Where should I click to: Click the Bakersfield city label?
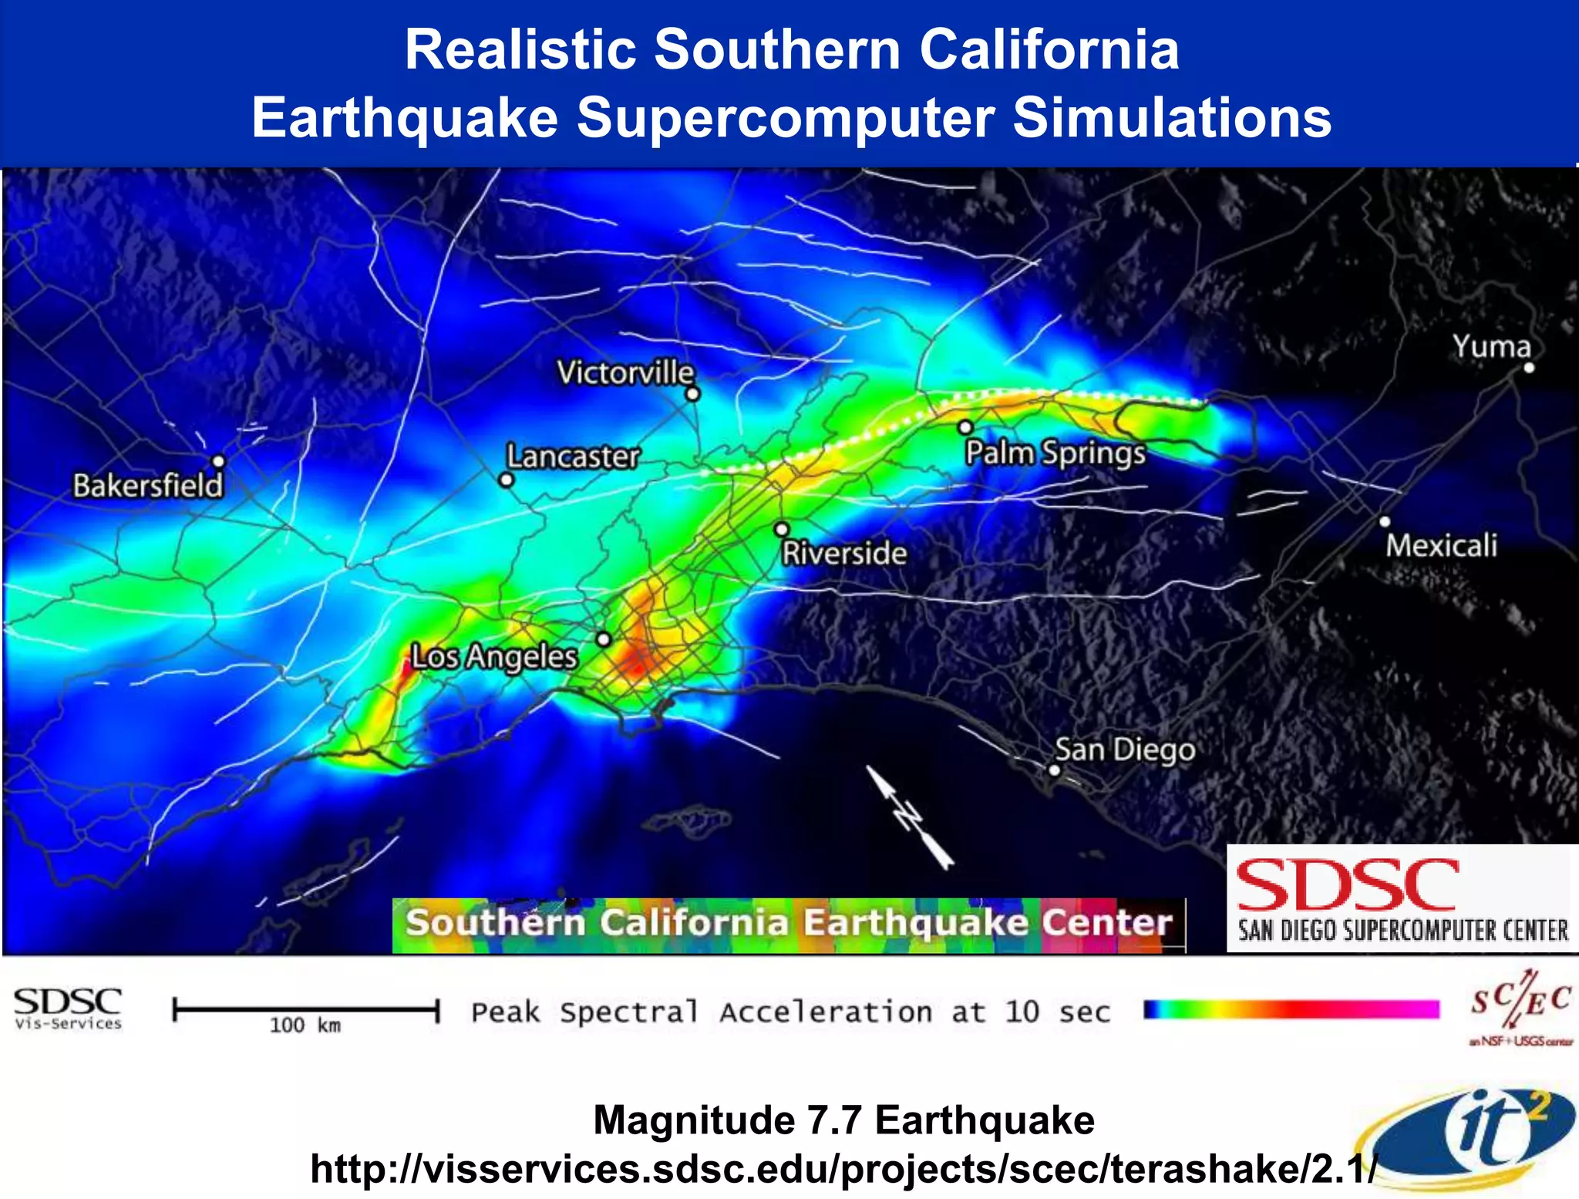click(147, 486)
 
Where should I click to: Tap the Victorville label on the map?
click(625, 372)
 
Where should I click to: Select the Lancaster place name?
click(573, 456)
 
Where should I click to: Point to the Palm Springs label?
click(1055, 453)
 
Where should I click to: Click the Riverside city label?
click(844, 553)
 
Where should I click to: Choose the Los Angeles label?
click(493, 657)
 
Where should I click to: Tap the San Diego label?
click(1125, 749)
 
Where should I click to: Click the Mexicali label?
click(1441, 546)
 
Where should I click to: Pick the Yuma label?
click(1492, 346)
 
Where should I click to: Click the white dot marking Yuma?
click(1529, 368)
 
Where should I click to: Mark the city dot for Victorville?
click(692, 394)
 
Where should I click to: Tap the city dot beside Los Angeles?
click(604, 639)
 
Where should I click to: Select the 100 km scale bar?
click(306, 1010)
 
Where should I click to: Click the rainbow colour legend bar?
click(1291, 1010)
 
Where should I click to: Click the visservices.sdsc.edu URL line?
click(843, 1169)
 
